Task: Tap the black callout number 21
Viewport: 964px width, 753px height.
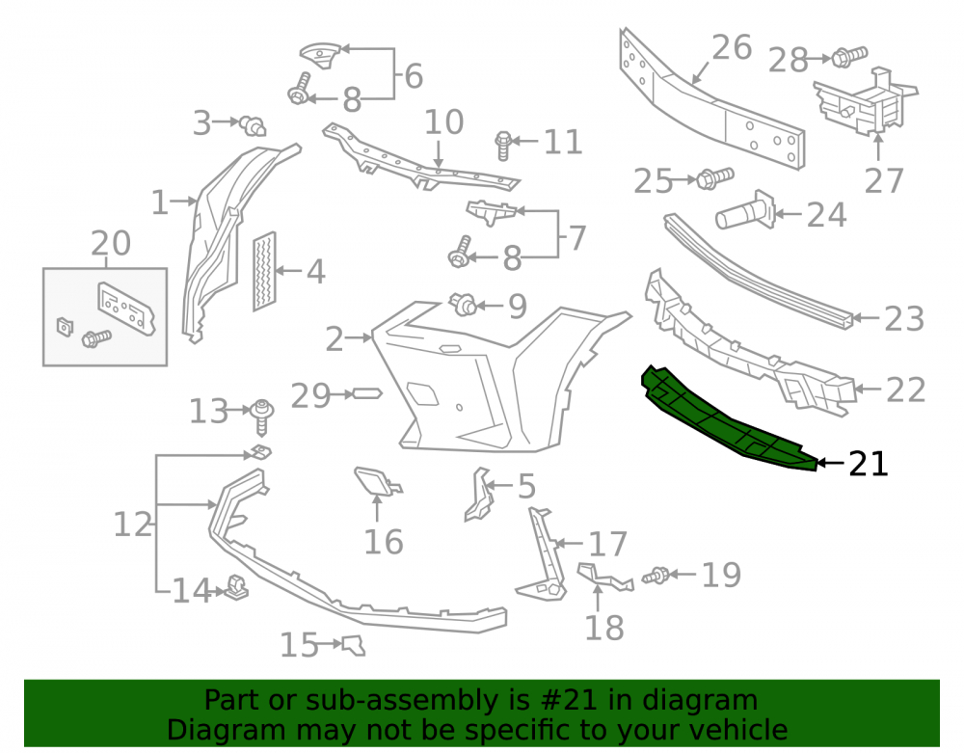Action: pos(869,464)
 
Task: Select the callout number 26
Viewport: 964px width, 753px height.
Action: pos(732,47)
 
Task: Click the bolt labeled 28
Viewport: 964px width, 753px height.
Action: pos(849,57)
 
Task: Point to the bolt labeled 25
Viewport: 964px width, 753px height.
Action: pos(714,178)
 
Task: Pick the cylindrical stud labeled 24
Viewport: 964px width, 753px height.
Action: pos(746,211)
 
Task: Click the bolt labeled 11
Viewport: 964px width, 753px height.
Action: pos(503,146)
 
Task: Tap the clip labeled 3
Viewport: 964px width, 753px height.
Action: pos(253,126)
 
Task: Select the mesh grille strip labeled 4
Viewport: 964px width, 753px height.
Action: pos(264,271)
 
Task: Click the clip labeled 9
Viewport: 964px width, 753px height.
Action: pos(463,305)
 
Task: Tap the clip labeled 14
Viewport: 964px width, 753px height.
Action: pos(236,587)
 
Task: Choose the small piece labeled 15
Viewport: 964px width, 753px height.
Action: pos(354,645)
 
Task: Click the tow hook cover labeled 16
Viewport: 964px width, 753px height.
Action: pos(378,482)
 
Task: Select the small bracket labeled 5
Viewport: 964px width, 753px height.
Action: pos(479,495)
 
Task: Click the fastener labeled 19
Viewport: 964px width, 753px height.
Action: pos(656,576)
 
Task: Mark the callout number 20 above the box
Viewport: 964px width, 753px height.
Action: pos(111,243)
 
